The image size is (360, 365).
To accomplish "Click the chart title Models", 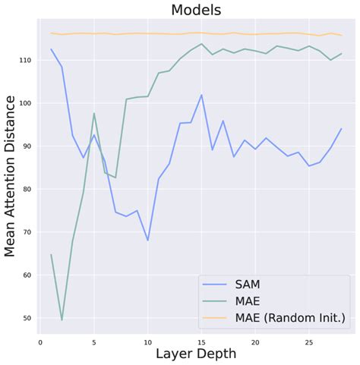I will [x=196, y=10].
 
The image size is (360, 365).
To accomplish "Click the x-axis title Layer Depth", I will [x=196, y=354].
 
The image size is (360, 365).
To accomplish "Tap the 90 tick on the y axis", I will [x=25, y=146].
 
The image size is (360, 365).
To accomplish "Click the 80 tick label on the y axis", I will [x=25, y=189].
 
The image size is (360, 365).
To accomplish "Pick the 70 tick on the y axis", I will [x=25, y=232].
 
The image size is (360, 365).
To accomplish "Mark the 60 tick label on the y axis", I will [x=25, y=275].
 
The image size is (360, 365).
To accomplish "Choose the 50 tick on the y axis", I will [x=25, y=318].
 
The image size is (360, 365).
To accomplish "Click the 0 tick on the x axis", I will [x=41, y=341].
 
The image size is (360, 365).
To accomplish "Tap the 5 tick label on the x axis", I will [x=94, y=341].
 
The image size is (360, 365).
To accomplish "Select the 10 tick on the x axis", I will [x=147, y=341].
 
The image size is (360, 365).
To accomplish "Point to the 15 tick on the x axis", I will [x=201, y=341].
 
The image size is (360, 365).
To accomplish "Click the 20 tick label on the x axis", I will [x=254, y=341].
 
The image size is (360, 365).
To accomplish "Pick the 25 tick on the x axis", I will [x=308, y=341].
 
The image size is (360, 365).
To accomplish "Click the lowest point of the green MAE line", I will [x=62, y=319].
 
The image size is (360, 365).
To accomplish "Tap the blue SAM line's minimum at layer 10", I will [x=147, y=241].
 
